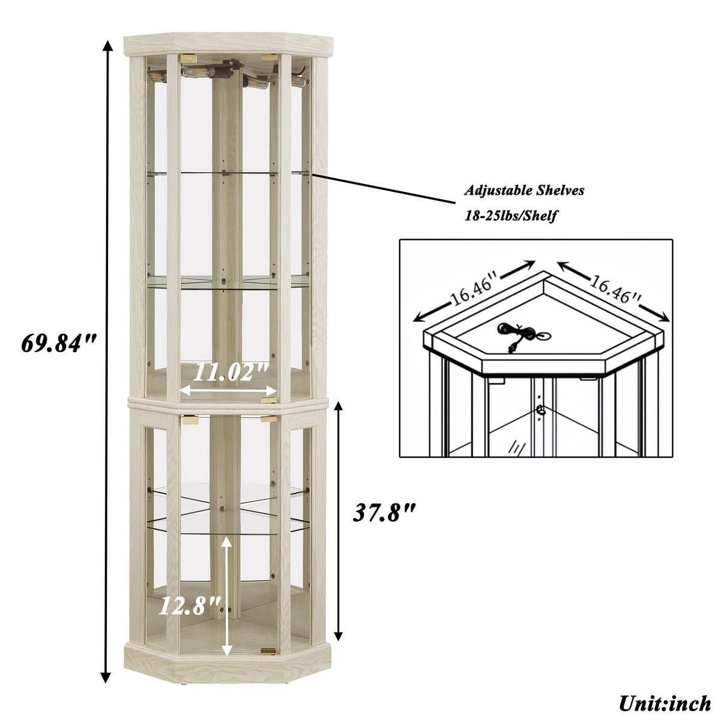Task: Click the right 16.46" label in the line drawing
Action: (615, 289)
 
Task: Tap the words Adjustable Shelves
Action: (524, 191)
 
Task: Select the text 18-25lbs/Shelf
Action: (511, 216)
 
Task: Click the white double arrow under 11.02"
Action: (229, 390)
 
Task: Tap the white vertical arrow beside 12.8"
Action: (226, 596)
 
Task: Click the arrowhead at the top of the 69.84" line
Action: (108, 46)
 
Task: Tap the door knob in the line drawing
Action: (542, 410)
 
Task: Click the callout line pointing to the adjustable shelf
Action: (384, 189)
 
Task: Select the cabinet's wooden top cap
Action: (228, 44)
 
